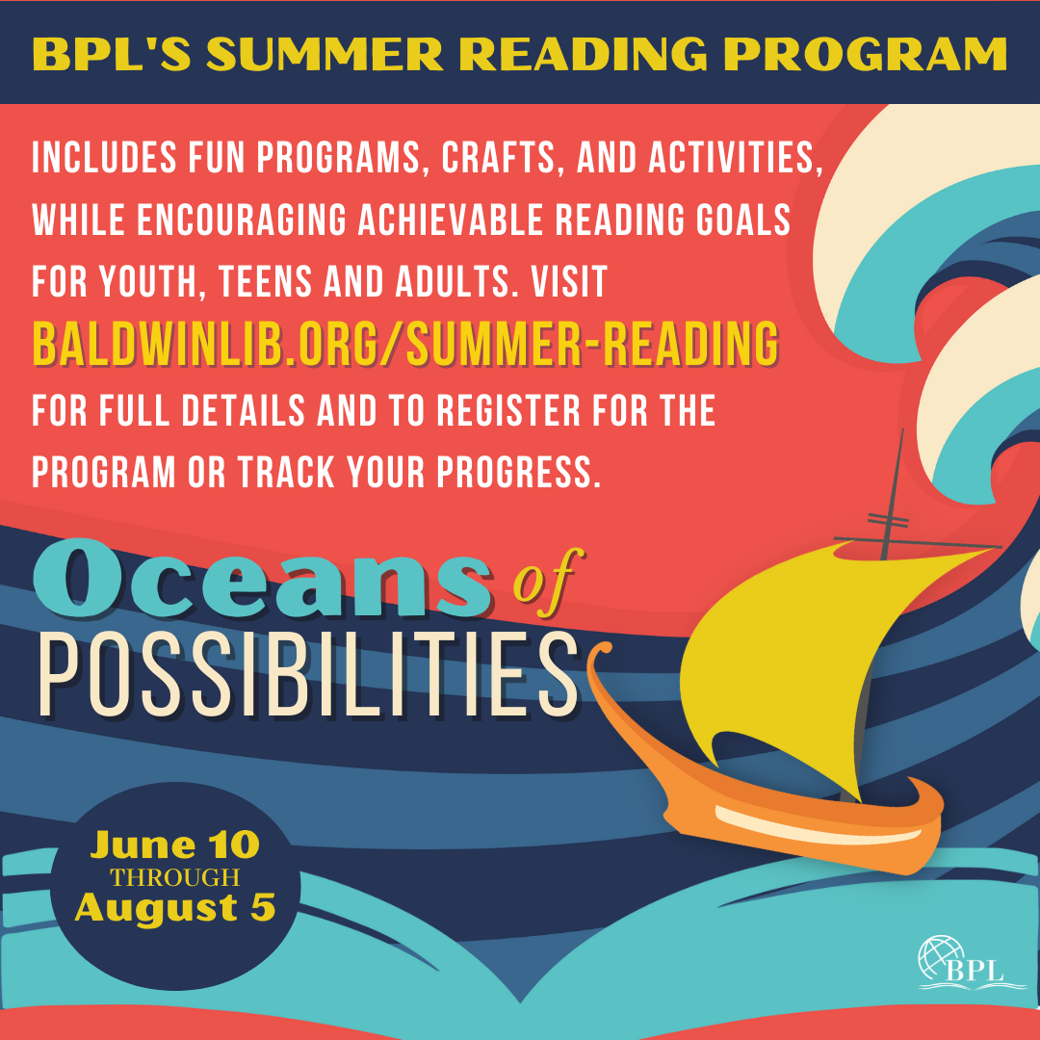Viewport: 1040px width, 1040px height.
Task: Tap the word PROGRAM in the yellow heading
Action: (x=865, y=54)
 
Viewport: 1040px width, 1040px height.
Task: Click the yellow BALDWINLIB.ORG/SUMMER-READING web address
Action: (x=405, y=343)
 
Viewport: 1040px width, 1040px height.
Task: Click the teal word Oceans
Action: (x=263, y=578)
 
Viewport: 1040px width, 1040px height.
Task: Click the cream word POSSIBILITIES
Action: (x=309, y=674)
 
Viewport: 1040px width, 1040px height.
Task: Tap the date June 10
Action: (x=175, y=845)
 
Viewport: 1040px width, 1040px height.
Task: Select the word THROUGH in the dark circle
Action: (x=175, y=877)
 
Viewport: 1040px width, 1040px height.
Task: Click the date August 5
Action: (x=175, y=907)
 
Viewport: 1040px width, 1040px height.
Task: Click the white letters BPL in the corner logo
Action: (x=975, y=972)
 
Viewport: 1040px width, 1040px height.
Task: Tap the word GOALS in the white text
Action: (x=742, y=220)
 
